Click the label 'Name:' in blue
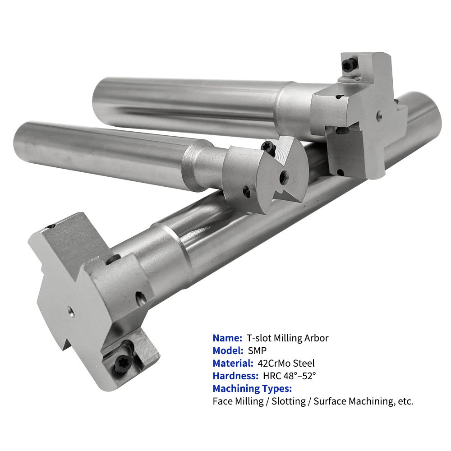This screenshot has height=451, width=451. click(x=227, y=338)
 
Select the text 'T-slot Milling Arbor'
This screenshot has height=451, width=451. click(x=287, y=338)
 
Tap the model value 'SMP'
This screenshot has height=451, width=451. click(x=257, y=350)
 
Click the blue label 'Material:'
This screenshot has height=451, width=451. click(x=233, y=363)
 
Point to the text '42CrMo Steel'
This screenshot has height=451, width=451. click(x=286, y=363)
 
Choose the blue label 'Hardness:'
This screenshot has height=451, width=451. click(x=235, y=376)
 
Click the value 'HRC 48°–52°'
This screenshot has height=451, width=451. click(x=290, y=376)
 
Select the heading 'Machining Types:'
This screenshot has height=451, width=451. click(x=252, y=389)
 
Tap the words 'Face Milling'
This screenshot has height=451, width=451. click(x=238, y=401)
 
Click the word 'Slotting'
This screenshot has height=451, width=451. click(x=289, y=401)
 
